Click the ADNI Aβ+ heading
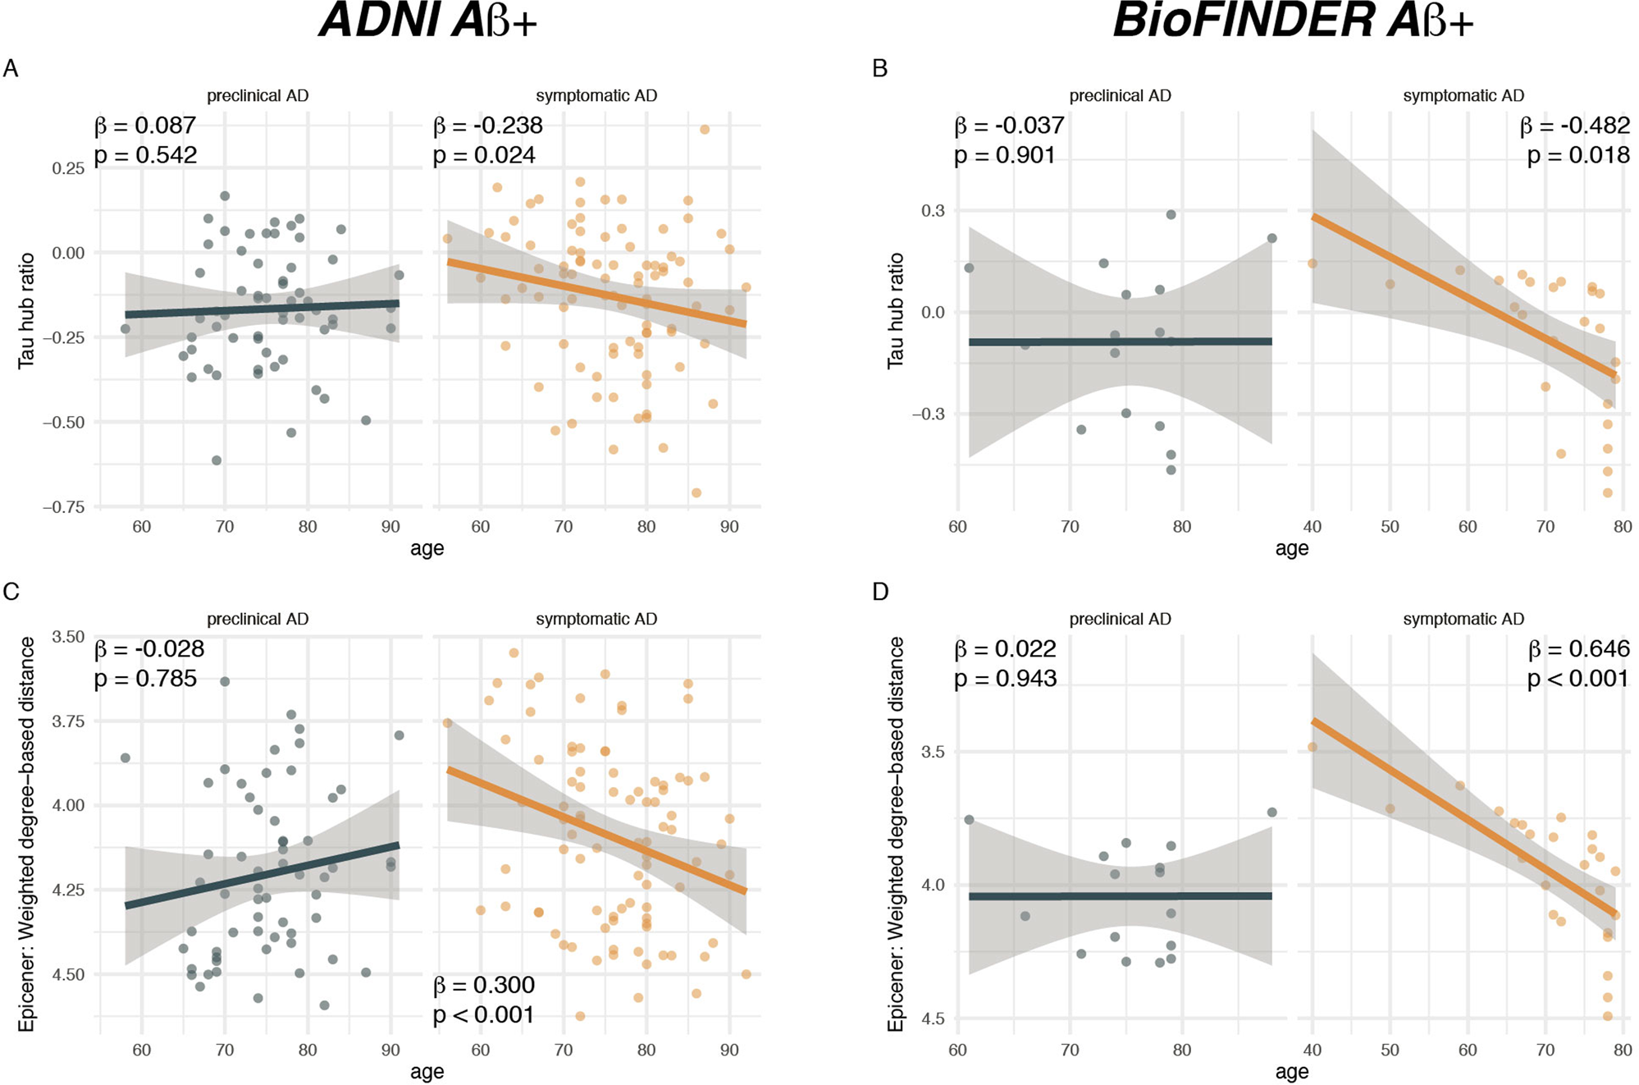click(428, 21)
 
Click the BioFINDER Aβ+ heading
click(1292, 21)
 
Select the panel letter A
click(11, 68)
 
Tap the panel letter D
click(880, 592)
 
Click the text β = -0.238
click(488, 126)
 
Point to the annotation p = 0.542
click(146, 155)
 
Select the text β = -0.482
click(1574, 126)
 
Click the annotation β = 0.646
click(1578, 649)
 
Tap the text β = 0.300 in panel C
click(484, 985)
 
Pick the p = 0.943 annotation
click(1005, 679)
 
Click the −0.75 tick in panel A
click(63, 507)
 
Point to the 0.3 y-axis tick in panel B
click(933, 211)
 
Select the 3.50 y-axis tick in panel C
click(68, 637)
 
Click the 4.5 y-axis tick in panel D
click(933, 1019)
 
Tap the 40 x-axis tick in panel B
click(1313, 526)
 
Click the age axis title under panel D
click(1292, 1072)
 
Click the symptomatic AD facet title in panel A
click(596, 96)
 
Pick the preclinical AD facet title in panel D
click(1120, 620)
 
